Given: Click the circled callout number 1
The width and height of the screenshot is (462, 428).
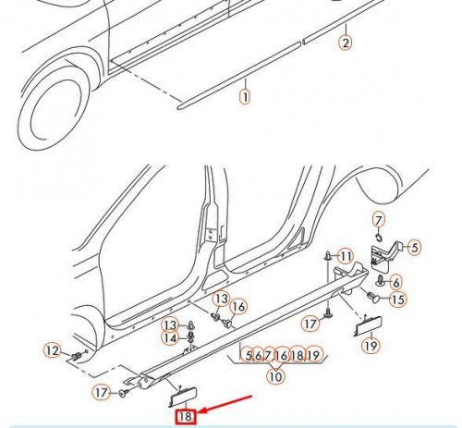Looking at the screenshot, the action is coord(245,97).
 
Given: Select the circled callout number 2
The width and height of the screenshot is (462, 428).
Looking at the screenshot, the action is coord(346,43).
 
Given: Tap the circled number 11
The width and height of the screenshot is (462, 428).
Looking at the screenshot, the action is coord(346,256).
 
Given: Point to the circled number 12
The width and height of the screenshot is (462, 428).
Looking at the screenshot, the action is coord(53,351).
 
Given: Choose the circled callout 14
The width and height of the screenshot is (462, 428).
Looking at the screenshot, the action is coord(170,338).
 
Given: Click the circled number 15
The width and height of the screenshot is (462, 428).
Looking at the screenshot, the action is coord(398,300).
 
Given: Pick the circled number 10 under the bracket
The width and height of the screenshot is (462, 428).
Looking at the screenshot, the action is coord(275,376).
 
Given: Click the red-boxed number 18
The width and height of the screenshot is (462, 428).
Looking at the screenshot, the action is coord(186,417).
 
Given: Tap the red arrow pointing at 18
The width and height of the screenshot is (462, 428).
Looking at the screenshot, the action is coord(225,404).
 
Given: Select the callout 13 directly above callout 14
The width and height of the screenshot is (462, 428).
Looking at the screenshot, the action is coord(170,324).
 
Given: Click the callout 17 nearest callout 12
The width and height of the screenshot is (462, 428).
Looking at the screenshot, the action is coord(101,393).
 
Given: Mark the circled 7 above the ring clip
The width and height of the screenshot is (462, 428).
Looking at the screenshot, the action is coord(379,220).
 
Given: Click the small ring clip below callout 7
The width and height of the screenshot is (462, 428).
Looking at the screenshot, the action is coord(379,238).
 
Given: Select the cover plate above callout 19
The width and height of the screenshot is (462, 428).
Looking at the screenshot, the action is coord(369,326).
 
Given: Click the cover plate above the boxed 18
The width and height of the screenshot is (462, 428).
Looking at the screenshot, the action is coord(183,396).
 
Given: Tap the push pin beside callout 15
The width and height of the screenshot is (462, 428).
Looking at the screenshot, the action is coord(375,298).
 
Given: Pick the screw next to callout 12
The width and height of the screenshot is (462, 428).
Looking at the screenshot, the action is coord(77,356).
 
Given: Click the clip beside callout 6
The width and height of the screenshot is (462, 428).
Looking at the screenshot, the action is coord(381,280).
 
